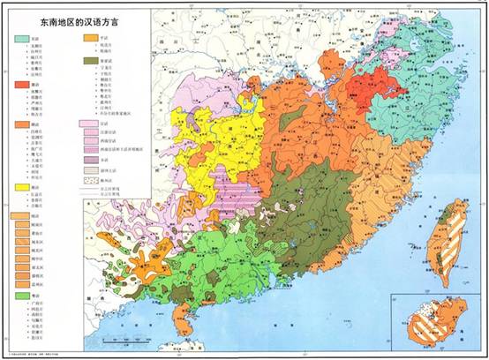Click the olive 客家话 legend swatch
tap(89, 61)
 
